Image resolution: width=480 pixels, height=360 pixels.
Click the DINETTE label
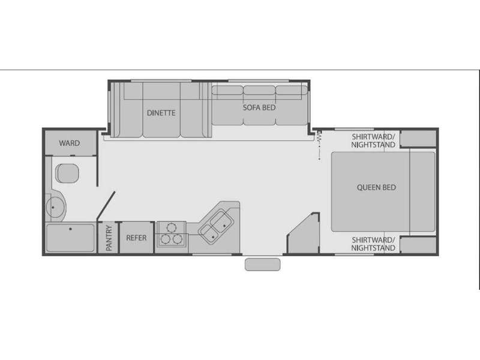tap(161, 113)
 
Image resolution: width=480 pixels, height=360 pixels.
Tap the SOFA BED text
tap(259, 108)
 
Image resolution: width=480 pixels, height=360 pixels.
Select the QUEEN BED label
tap(376, 187)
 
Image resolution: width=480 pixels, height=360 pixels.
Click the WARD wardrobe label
tap(70, 143)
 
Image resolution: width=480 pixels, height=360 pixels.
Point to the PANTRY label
tap(109, 238)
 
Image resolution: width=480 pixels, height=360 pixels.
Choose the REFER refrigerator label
tap(136, 238)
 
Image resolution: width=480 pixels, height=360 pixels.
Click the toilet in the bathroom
tap(67, 173)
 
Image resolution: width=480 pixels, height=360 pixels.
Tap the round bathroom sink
tap(56, 207)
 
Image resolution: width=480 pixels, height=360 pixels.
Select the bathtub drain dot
tap(70, 229)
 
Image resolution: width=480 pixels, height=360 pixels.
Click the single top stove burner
tap(172, 227)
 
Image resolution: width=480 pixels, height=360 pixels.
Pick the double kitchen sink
tap(216, 227)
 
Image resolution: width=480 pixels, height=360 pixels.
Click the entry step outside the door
tap(262, 265)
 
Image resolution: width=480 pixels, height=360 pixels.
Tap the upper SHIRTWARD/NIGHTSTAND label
tap(373, 140)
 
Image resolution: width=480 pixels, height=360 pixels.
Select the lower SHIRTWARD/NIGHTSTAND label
tap(373, 244)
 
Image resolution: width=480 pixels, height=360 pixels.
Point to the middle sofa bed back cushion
tap(259, 90)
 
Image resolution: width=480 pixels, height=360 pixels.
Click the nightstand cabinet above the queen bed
tap(418, 139)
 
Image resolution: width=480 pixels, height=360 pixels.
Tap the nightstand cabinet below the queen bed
tap(418, 245)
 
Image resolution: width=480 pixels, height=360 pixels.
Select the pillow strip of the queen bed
tap(422, 191)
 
